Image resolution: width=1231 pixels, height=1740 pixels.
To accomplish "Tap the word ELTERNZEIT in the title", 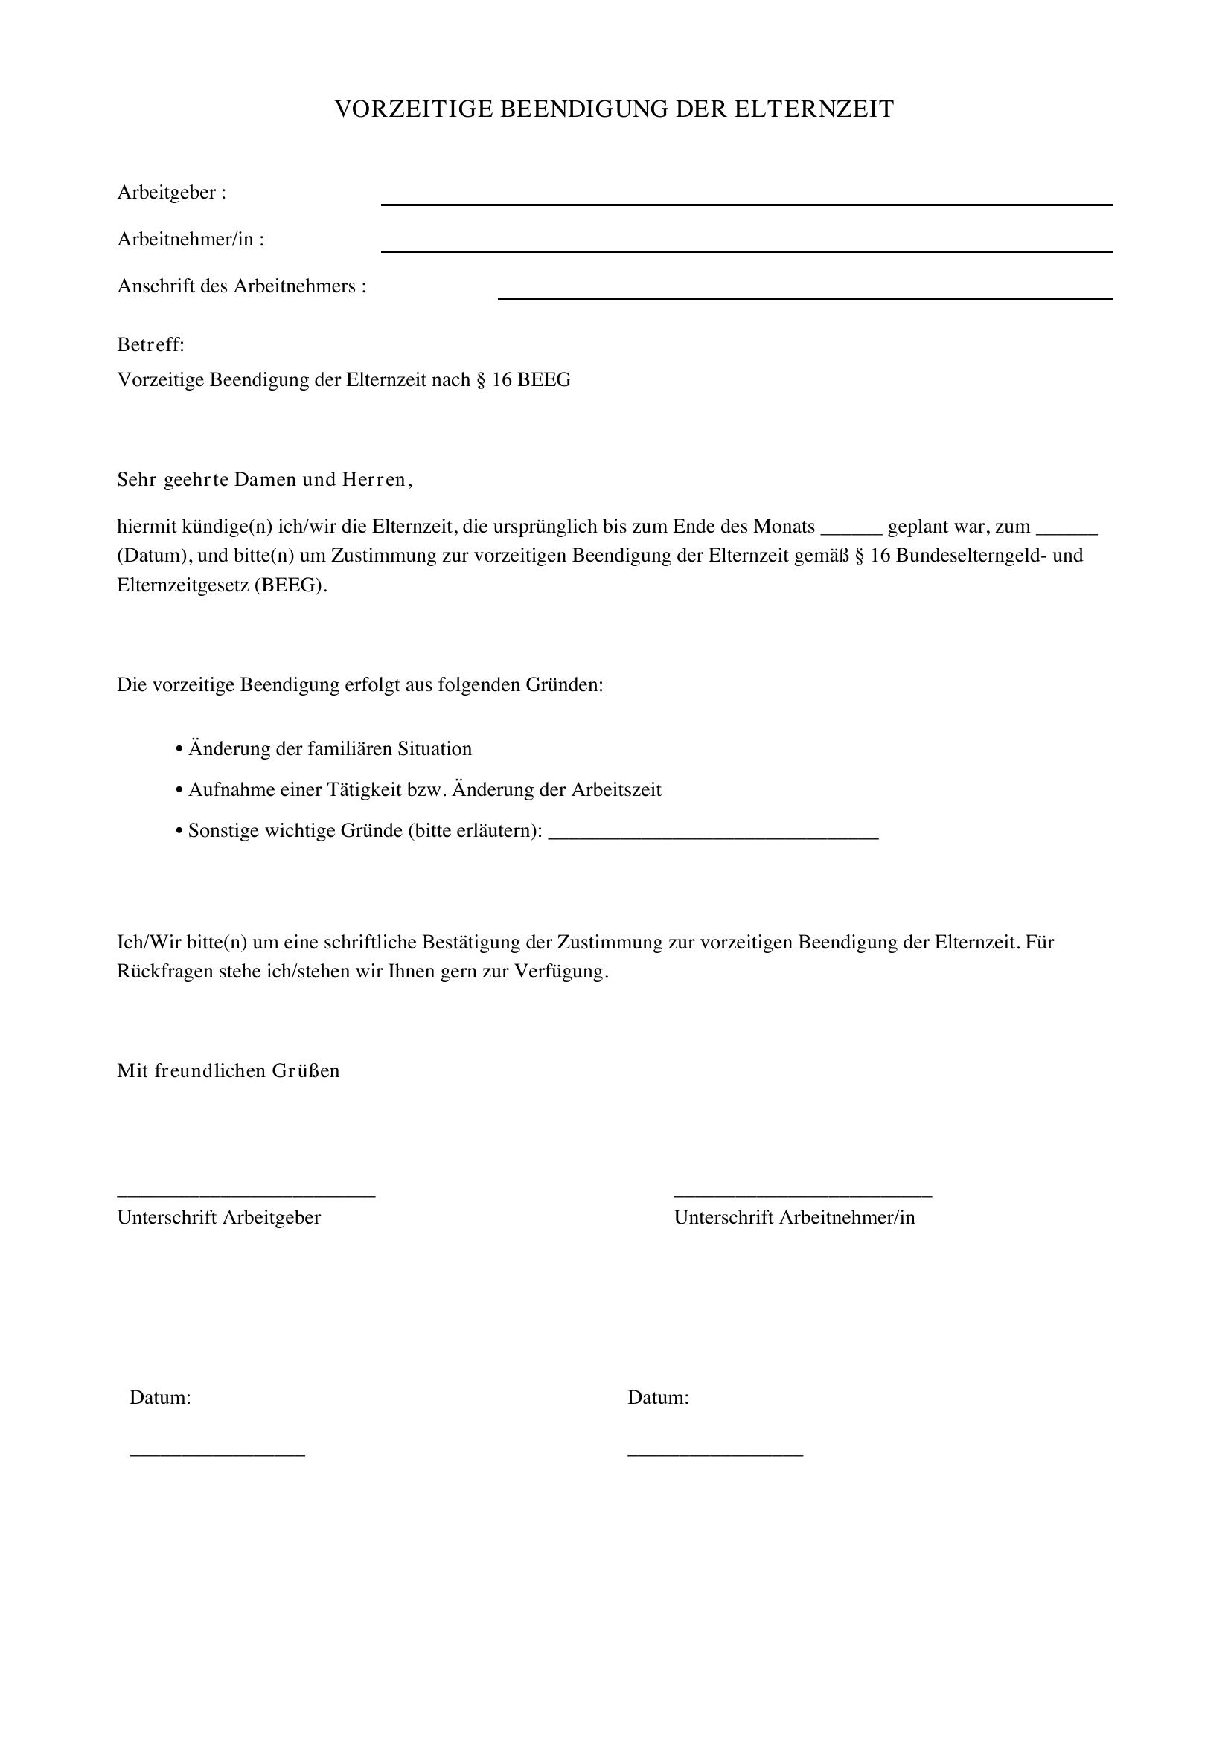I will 814,109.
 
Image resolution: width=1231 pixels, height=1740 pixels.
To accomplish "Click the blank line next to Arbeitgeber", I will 746,203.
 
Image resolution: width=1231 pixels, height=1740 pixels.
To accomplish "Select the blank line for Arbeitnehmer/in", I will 746,250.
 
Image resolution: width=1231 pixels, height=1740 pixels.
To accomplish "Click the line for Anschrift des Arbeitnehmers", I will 805,297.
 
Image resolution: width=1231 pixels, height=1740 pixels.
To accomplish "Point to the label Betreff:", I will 151,345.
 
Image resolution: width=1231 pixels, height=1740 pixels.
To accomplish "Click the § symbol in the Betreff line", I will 481,379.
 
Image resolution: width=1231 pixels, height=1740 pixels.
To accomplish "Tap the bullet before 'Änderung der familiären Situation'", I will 179,750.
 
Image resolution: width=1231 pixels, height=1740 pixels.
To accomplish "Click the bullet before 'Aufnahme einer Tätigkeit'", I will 179,791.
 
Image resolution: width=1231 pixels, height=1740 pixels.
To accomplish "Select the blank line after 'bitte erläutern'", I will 712,838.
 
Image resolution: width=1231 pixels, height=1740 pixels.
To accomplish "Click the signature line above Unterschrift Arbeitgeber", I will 246,1196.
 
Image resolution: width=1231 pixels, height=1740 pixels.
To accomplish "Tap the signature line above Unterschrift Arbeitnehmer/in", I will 803,1196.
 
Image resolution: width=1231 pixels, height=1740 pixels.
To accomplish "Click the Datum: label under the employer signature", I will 160,1398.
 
